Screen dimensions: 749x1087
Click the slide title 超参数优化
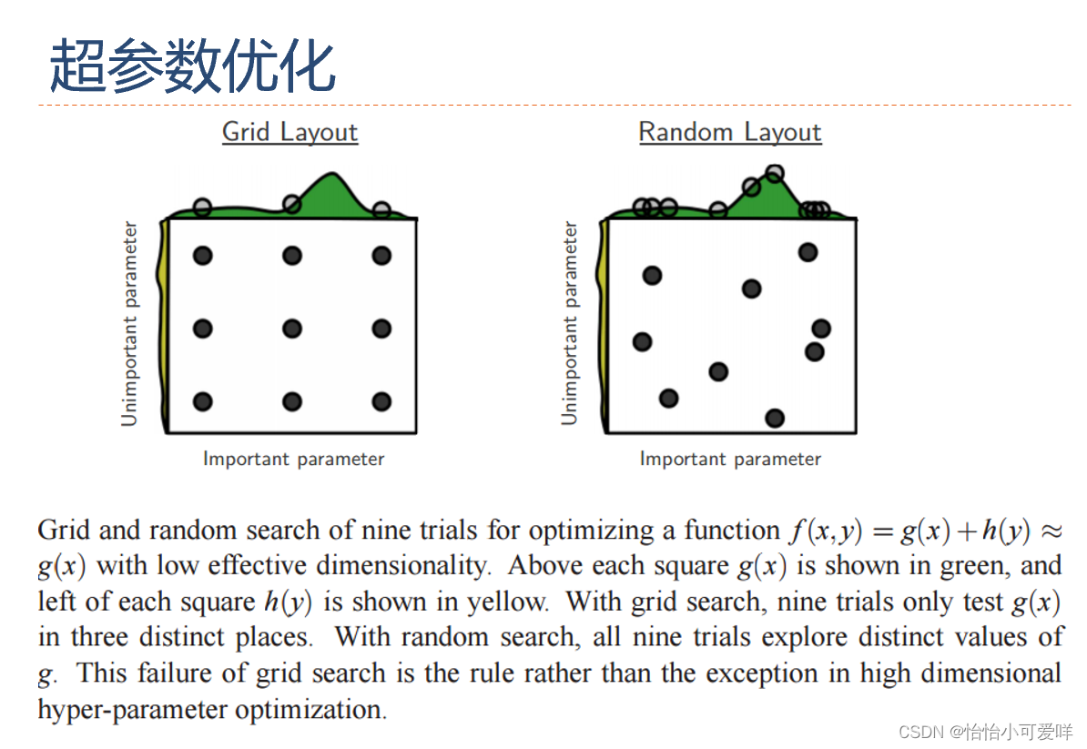pos(192,66)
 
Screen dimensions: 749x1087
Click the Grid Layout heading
pos(290,132)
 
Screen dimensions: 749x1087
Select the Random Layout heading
pos(729,132)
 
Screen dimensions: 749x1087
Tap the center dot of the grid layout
pos(292,329)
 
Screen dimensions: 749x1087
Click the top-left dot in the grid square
pos(203,256)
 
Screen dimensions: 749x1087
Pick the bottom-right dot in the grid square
pos(381,401)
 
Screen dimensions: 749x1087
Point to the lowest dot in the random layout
pos(775,418)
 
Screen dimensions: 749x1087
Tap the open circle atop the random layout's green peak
pos(775,173)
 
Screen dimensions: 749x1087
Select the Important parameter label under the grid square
pos(293,459)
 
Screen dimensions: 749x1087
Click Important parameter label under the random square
pos(730,459)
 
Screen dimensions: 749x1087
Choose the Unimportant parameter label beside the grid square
pos(130,323)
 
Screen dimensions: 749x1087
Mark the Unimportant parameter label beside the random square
pos(570,323)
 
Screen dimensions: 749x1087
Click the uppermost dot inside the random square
pos(808,252)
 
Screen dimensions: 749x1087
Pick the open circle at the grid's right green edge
pos(381,211)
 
